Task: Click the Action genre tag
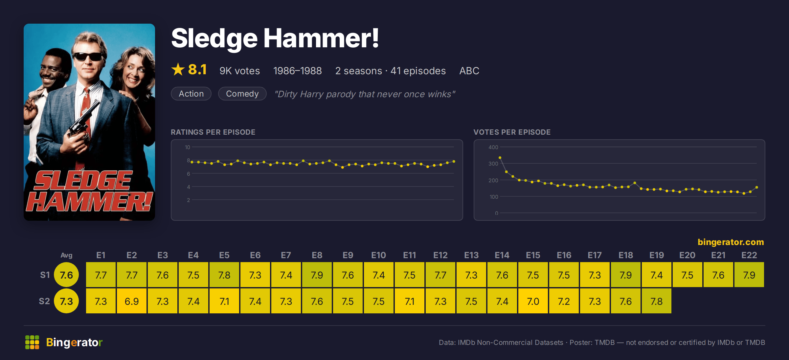191,94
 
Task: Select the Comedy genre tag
242,94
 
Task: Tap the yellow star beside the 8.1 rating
178,69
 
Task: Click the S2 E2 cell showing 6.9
132,301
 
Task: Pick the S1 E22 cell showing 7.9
749,275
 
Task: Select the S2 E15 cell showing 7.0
533,301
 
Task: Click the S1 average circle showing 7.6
66,275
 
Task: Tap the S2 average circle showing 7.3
66,301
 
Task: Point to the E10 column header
379,255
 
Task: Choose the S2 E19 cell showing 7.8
657,301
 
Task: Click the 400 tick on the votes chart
493,147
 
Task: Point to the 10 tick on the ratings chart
187,147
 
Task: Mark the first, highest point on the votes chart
500,158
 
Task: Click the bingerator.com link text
731,242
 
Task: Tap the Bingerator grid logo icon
32,342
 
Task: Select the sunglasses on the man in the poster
88,56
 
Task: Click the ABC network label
469,71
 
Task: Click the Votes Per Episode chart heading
512,132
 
